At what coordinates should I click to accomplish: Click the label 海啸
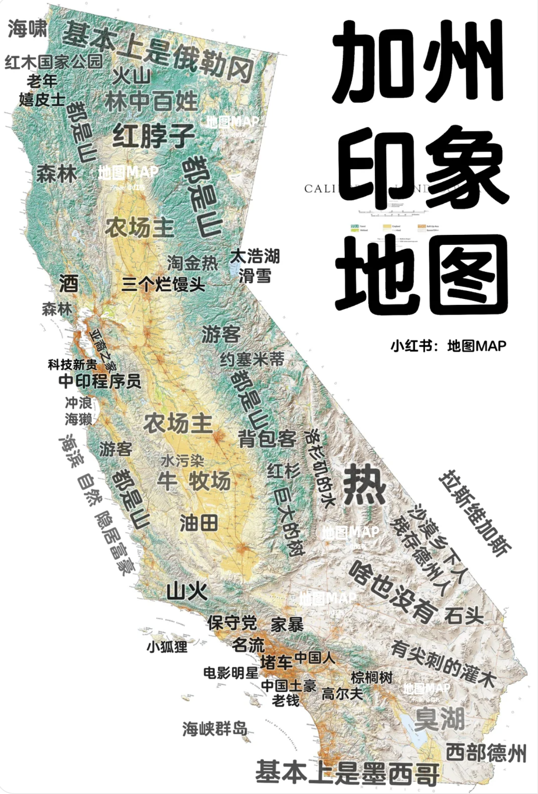[x=28, y=29]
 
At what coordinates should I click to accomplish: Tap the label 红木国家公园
[x=53, y=61]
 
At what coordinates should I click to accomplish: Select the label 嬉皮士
[x=42, y=99]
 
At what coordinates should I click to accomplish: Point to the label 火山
[x=131, y=76]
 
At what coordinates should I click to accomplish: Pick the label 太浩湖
[x=255, y=256]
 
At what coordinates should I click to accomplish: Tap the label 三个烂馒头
[x=163, y=284]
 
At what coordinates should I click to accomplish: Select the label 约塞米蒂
[x=252, y=360]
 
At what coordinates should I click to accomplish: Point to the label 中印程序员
[x=100, y=381]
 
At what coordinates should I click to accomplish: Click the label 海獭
[x=78, y=419]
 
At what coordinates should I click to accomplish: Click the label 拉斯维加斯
[x=475, y=513]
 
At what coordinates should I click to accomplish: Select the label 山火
[x=187, y=592]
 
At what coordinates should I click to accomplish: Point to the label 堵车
[x=276, y=662]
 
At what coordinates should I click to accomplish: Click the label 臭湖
[x=439, y=719]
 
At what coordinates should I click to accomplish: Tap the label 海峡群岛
[x=215, y=729]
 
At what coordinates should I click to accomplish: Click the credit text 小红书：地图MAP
[x=448, y=346]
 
